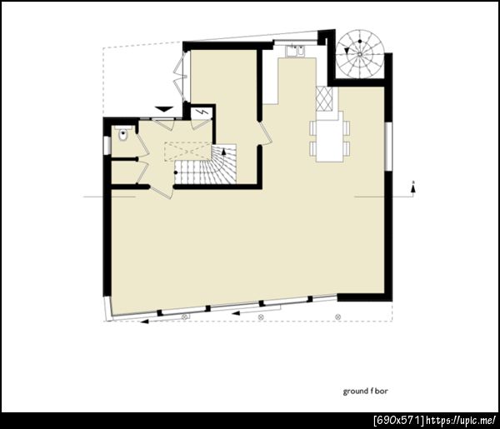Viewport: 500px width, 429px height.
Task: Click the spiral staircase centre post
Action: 360,54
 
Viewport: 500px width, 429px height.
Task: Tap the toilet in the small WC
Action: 122,135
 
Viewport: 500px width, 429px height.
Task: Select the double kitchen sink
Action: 295,52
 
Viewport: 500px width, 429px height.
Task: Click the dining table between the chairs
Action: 329,137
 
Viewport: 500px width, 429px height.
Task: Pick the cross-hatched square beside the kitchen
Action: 324,99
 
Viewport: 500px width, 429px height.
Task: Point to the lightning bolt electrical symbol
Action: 202,112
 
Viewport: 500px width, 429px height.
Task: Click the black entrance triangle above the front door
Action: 164,109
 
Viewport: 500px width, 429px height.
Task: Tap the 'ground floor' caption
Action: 366,391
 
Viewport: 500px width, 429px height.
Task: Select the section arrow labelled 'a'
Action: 413,188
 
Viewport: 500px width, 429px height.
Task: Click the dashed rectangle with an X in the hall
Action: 188,152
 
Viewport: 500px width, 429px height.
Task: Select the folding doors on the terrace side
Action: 181,76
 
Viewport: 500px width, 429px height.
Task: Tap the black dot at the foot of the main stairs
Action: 176,172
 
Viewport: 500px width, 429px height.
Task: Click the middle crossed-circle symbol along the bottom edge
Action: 261,317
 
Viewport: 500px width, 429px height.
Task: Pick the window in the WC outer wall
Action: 107,146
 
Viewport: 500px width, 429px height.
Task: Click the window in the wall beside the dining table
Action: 388,147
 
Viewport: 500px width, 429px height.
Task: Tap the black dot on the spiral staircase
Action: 360,41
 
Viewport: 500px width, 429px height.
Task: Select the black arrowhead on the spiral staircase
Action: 347,50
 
